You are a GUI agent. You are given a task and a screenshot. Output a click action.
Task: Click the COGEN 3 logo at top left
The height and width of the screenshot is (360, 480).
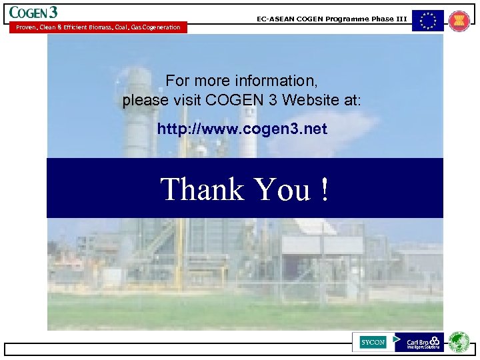(33, 12)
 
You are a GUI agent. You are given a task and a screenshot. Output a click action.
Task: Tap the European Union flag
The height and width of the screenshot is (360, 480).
(427, 21)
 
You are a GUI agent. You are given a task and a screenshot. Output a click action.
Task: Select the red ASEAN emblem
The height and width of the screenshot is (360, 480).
(459, 21)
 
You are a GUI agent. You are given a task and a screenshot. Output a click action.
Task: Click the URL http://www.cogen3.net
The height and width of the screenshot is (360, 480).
(242, 129)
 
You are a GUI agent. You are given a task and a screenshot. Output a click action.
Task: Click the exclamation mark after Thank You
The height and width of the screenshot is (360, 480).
(324, 189)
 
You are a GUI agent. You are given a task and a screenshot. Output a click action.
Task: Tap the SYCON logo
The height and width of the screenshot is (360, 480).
(373, 342)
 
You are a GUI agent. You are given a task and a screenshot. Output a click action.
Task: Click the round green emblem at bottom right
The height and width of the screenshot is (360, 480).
(459, 342)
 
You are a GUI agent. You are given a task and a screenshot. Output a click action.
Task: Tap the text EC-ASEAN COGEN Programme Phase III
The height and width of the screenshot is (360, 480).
(331, 19)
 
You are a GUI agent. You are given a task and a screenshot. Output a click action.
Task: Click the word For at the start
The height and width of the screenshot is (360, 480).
(177, 81)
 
